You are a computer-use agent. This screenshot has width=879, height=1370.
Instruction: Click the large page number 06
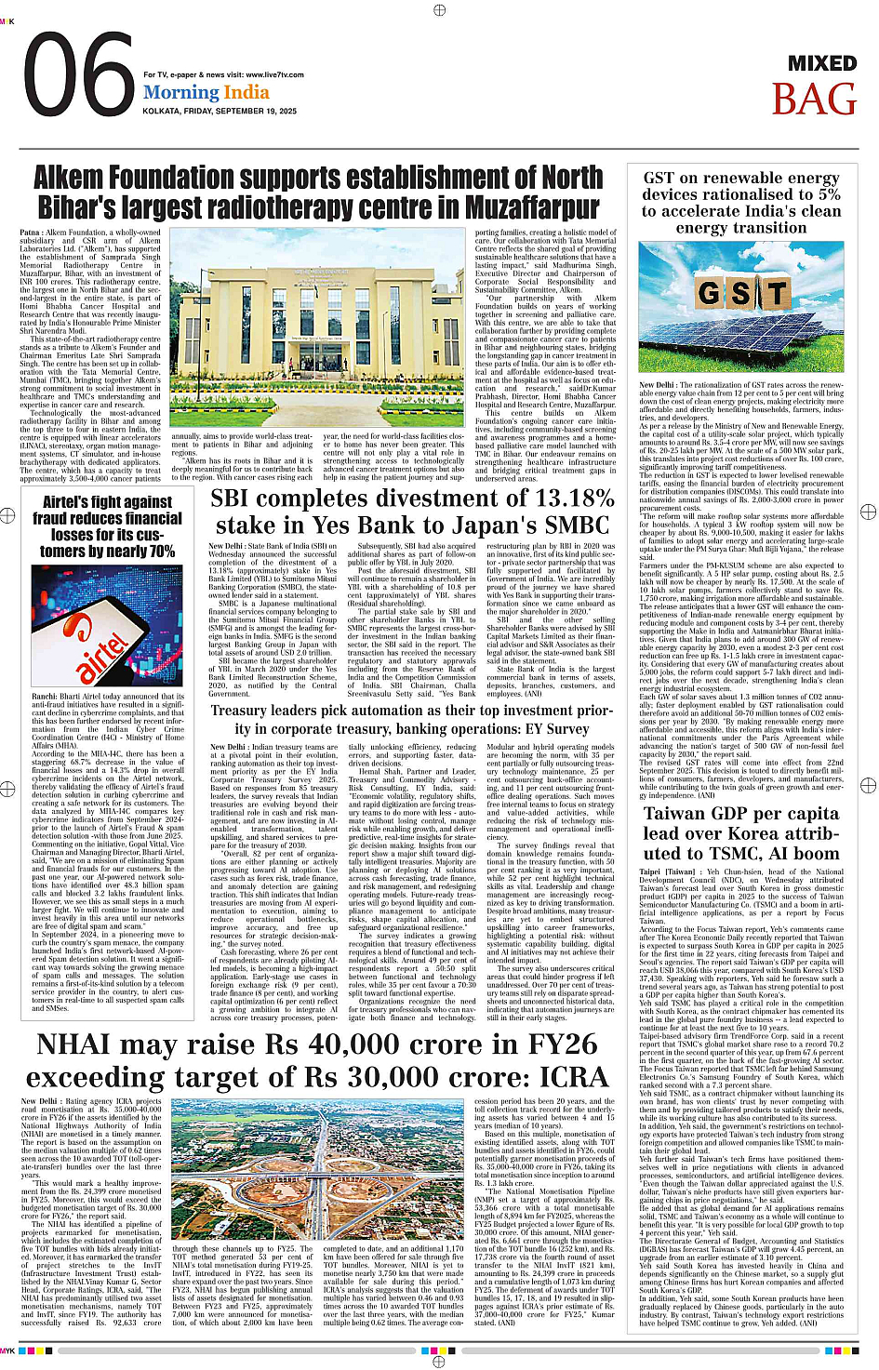pos(78,76)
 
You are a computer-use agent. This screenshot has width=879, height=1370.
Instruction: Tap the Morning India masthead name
pos(206,92)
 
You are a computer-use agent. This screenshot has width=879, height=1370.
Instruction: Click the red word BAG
pos(814,100)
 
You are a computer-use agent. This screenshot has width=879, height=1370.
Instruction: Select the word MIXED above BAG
pos(822,63)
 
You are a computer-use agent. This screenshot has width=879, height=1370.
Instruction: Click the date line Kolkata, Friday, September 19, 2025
pos(220,111)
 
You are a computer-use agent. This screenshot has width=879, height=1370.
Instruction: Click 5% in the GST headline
pos(830,194)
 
